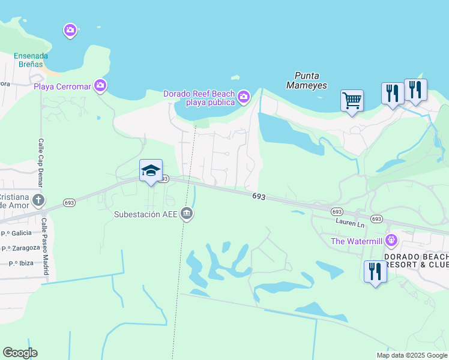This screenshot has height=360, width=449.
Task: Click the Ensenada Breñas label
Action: [x=31, y=61]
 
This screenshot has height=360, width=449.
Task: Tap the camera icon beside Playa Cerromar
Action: [x=100, y=86]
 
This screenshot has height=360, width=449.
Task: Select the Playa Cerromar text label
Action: [x=62, y=86]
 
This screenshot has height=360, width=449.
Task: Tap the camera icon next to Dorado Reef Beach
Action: [x=243, y=96]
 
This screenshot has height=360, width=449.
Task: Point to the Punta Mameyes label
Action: [x=311, y=80]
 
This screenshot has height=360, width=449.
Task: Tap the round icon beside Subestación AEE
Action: [x=187, y=214]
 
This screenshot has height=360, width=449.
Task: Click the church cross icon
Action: [x=39, y=200]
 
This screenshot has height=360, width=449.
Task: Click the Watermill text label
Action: [x=357, y=242]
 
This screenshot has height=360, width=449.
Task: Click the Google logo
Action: [x=20, y=353]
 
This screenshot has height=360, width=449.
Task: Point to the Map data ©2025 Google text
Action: [x=411, y=355]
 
